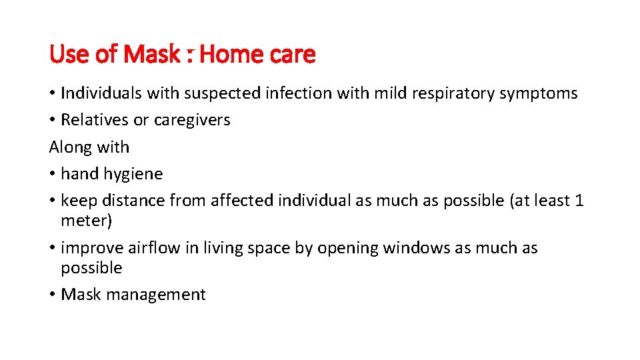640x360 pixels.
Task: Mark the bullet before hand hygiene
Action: [53, 174]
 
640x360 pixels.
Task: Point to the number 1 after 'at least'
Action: [579, 201]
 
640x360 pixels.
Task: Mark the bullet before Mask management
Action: [53, 295]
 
